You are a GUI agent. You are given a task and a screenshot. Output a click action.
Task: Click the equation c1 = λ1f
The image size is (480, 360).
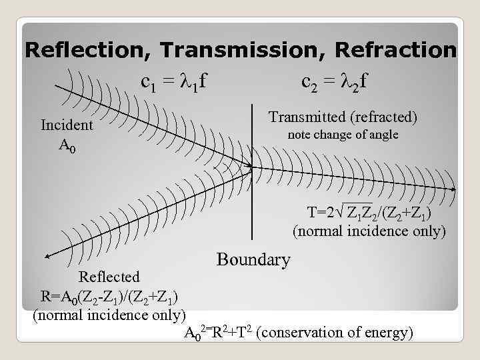click(x=173, y=82)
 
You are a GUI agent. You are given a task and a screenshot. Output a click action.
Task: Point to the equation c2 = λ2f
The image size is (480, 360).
click(x=335, y=82)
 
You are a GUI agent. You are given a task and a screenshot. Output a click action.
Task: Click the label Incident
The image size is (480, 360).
click(x=67, y=125)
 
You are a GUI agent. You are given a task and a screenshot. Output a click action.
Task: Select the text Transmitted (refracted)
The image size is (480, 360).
click(x=343, y=117)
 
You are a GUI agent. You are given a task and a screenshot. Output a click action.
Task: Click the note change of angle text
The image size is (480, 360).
click(x=343, y=135)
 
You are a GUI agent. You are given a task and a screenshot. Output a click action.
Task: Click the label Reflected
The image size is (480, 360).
click(x=109, y=277)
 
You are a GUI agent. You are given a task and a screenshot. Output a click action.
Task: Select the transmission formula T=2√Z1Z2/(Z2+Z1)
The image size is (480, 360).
click(x=369, y=214)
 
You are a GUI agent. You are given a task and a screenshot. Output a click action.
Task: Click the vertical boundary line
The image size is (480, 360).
click(x=253, y=200)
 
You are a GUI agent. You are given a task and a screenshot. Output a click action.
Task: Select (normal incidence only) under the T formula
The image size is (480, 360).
click(x=369, y=232)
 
